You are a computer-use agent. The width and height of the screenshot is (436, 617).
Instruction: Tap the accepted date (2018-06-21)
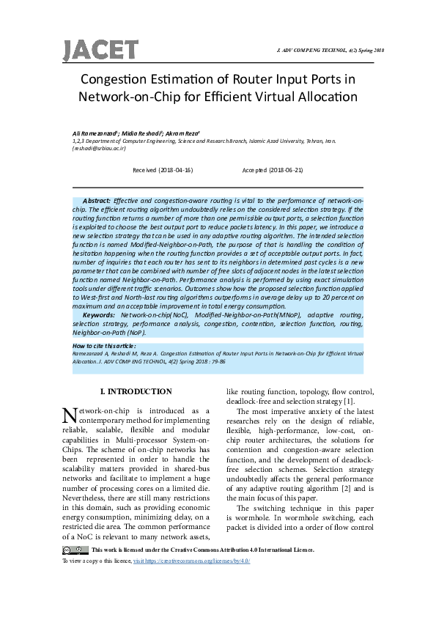coord(273,169)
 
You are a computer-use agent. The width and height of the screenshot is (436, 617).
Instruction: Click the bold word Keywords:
coord(100,315)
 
